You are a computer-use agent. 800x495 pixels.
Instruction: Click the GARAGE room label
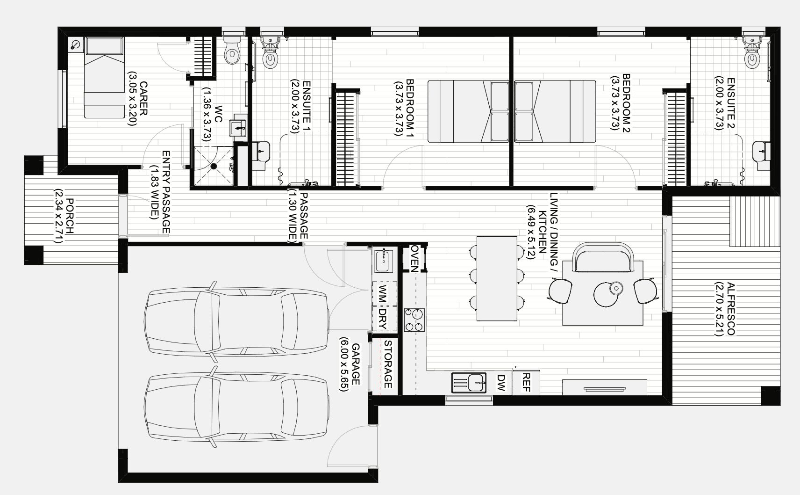tap(356, 364)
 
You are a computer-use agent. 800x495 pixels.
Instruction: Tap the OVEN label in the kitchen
tap(414, 258)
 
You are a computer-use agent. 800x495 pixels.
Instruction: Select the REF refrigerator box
tap(526, 382)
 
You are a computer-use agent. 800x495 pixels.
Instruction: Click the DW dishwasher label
tap(501, 382)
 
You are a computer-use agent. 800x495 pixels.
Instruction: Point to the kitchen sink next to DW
tap(469, 382)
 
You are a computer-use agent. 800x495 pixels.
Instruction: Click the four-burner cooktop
tap(414, 320)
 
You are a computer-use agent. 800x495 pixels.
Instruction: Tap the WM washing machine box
tap(385, 294)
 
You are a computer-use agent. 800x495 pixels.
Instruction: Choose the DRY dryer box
tap(385, 319)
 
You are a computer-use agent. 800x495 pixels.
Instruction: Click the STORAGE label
tap(388, 364)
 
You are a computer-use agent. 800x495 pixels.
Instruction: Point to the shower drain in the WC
tap(214, 166)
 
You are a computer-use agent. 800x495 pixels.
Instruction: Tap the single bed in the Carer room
tap(104, 77)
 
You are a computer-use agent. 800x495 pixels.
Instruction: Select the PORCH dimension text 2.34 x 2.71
tap(58, 216)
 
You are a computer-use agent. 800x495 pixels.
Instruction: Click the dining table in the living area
tap(497, 278)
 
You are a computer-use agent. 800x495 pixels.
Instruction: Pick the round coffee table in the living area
tap(606, 294)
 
